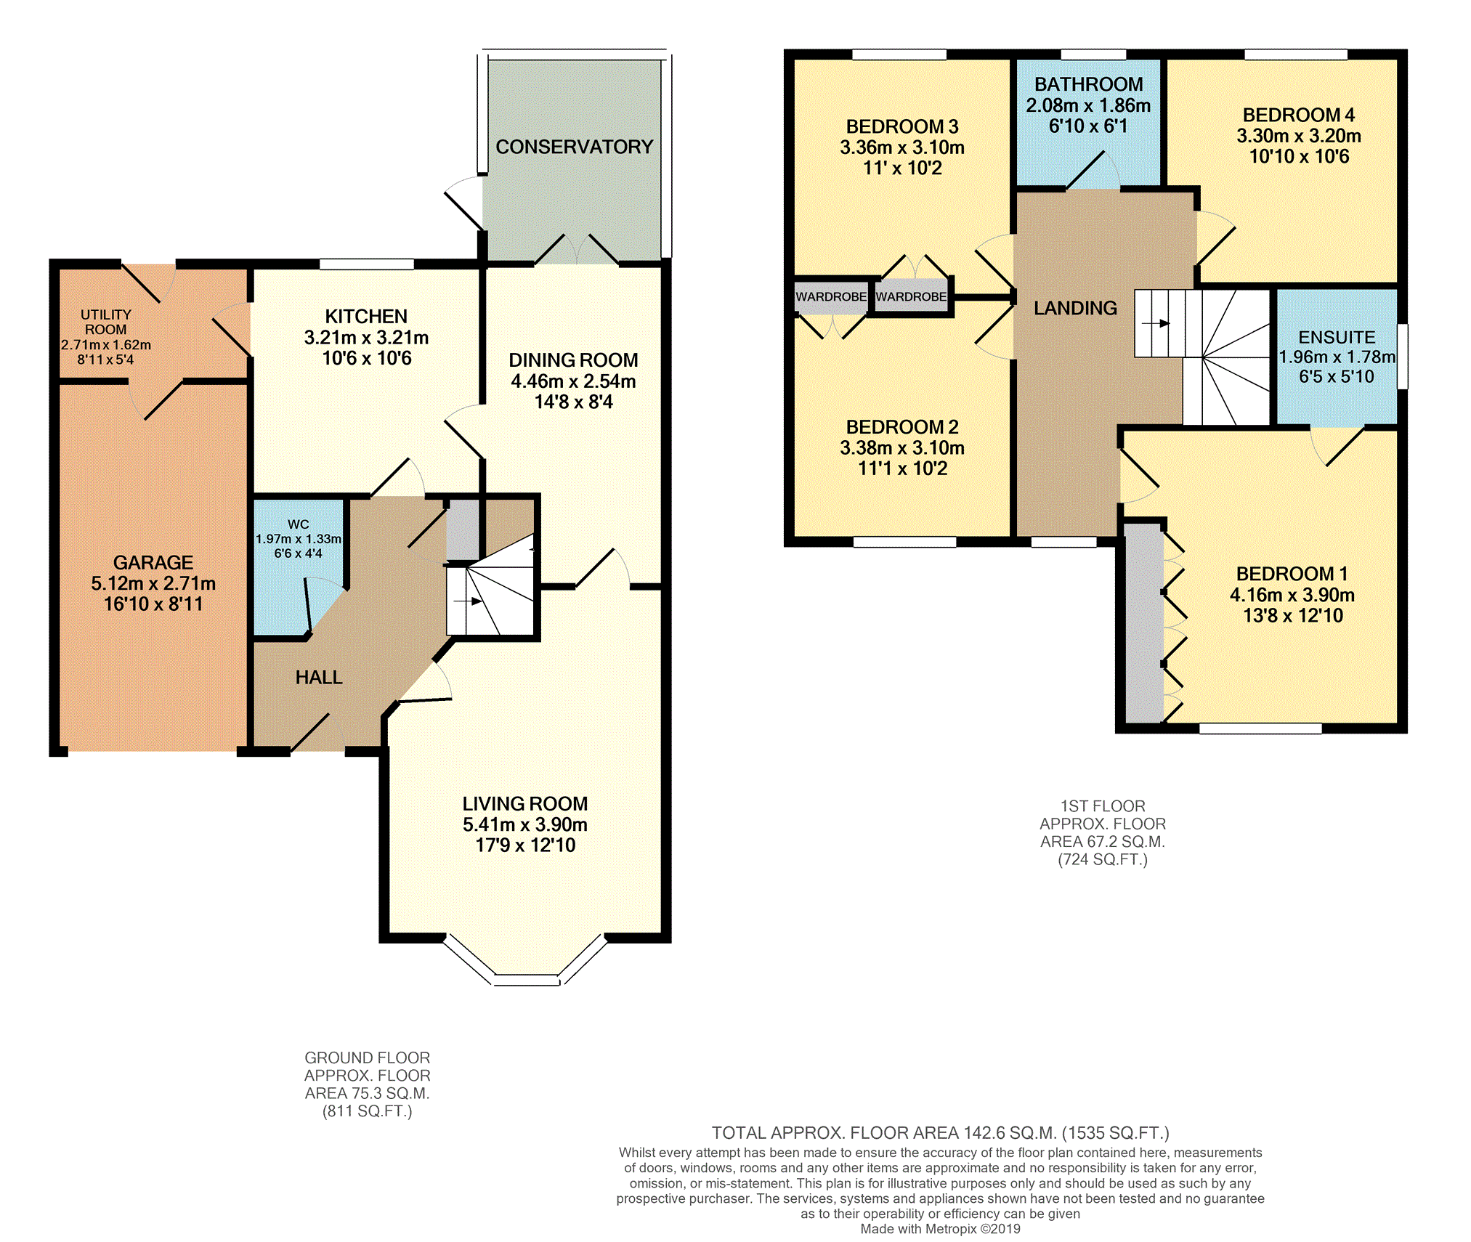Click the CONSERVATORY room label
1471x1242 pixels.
pos(574,147)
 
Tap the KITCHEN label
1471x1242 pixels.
pos(366,317)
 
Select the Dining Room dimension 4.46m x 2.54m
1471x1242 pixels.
pos(573,381)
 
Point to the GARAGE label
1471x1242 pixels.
pos(153,563)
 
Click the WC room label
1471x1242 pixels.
pos(298,524)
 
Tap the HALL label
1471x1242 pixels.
pos(319,678)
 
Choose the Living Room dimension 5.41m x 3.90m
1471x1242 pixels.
pos(525,825)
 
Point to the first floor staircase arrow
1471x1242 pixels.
pos(1156,324)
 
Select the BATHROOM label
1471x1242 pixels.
pos(1088,84)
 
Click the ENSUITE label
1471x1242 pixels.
pos(1337,338)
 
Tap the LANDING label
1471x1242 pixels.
pos(1075,309)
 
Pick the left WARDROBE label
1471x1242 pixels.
pos(831,297)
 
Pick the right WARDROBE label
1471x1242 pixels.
pos(911,297)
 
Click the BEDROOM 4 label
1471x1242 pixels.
pos(1299,115)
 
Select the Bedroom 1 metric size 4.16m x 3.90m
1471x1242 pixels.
pos(1292,596)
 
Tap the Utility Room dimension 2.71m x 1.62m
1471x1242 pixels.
pos(106,345)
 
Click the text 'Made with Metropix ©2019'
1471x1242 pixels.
pos(940,1229)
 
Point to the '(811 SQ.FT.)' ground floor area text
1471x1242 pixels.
pos(368,1111)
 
